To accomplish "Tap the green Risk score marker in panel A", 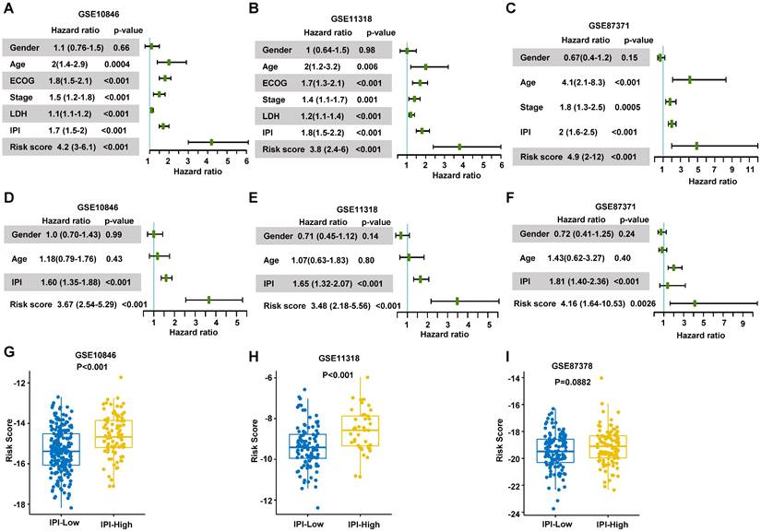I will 212,142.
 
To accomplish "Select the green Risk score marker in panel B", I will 459,147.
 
